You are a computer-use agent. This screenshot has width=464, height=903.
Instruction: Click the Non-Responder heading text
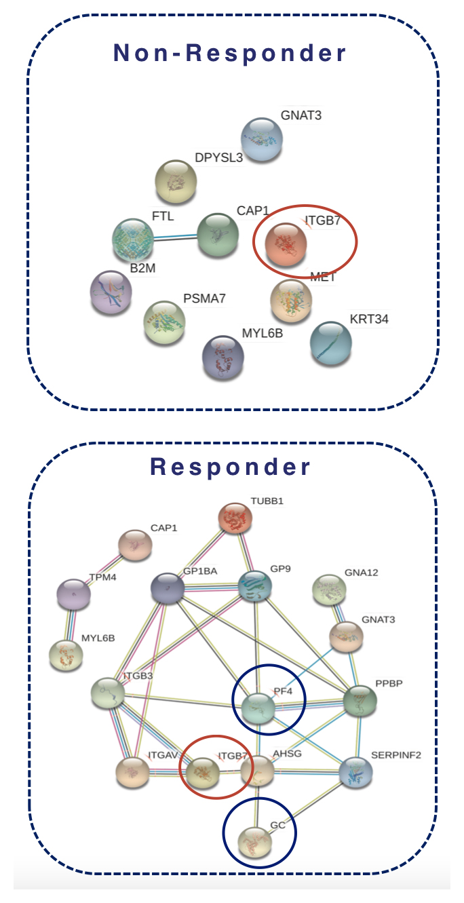[x=230, y=53]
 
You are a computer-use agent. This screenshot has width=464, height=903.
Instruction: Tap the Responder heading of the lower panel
[x=230, y=467]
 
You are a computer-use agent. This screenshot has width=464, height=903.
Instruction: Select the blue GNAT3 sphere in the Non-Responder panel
[x=261, y=140]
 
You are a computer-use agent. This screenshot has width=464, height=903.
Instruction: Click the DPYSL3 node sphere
[x=176, y=182]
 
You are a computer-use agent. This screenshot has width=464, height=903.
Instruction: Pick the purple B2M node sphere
[x=111, y=292]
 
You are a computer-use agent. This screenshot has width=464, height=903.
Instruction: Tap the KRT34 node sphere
[x=330, y=343]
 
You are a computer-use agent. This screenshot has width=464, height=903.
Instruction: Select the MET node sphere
[x=291, y=300]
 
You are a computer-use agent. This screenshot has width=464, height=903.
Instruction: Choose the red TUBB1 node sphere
[x=235, y=519]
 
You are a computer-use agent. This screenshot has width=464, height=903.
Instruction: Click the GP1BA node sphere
[x=169, y=588]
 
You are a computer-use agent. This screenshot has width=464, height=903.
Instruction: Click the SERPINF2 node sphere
[x=357, y=772]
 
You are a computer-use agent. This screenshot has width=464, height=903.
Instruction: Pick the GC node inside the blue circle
[x=254, y=842]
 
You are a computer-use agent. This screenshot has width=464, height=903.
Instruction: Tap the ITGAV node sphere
[x=133, y=772]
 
